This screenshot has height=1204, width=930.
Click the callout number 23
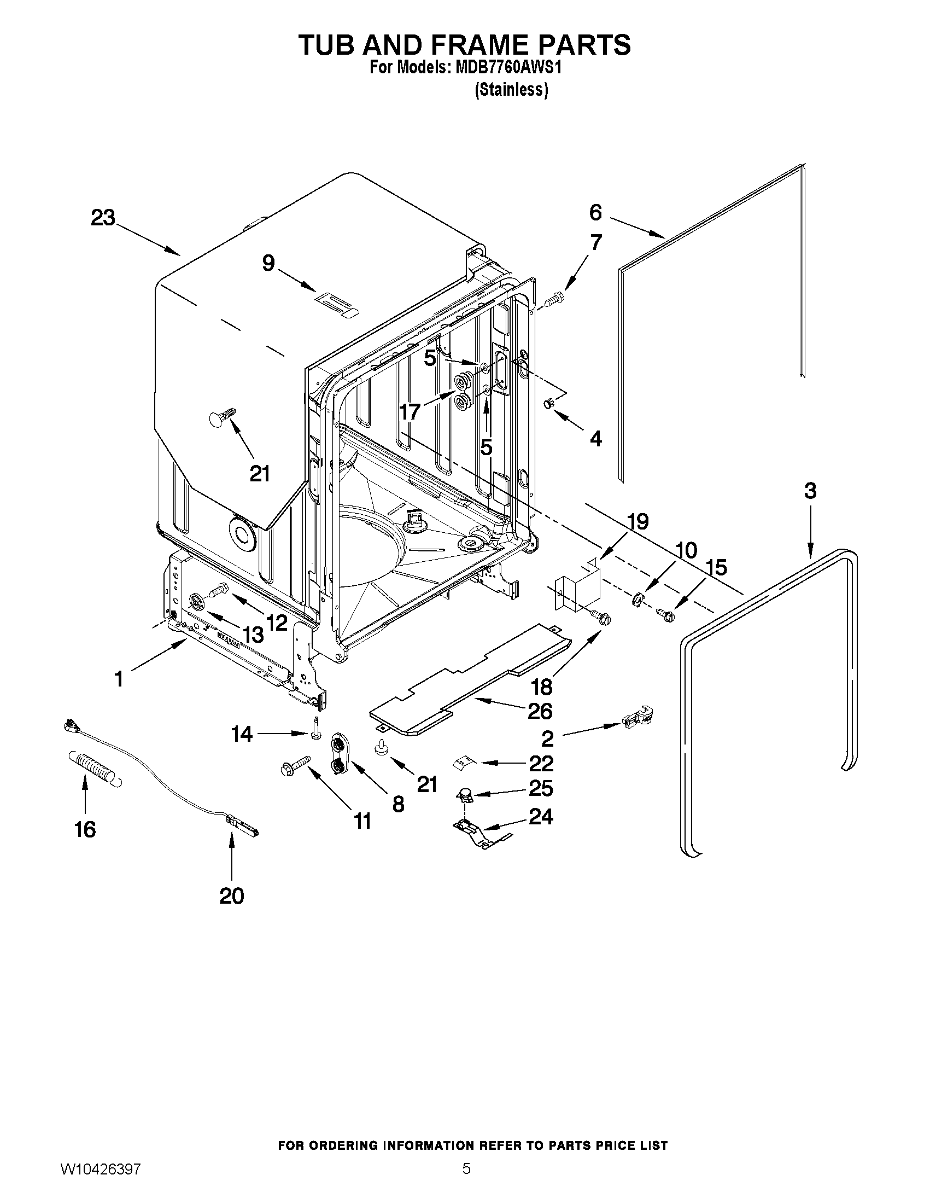pyautogui.click(x=103, y=218)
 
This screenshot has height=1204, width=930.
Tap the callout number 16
pyautogui.click(x=85, y=829)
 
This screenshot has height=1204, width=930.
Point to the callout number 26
pyautogui.click(x=540, y=711)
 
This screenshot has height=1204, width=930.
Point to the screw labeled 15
pyautogui.click(x=664, y=614)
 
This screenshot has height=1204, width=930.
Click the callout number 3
pyautogui.click(x=810, y=491)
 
